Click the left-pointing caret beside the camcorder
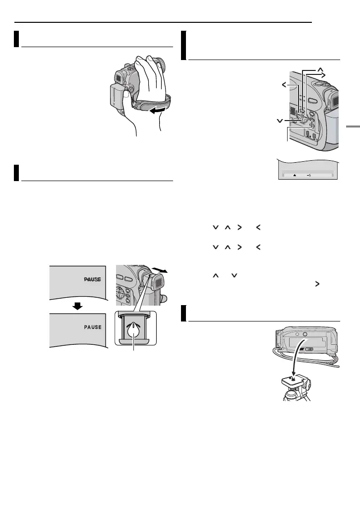[284, 85]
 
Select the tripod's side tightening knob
[311, 384]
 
